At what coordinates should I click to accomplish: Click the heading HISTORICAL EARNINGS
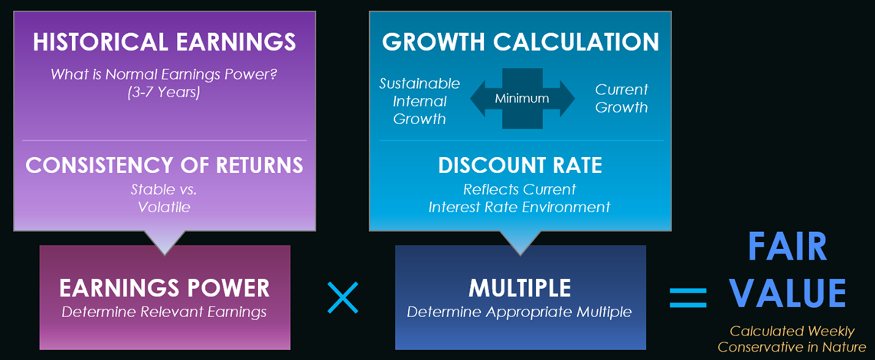tap(164, 43)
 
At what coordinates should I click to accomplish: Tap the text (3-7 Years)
tap(164, 92)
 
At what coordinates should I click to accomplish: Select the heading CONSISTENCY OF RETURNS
tap(164, 165)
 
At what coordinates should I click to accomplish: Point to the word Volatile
tap(164, 207)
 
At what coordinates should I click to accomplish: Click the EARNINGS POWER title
tap(164, 288)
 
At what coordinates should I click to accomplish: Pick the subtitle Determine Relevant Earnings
tap(164, 312)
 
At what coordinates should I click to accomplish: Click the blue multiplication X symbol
tap(343, 297)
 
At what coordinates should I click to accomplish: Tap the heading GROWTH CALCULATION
tap(520, 43)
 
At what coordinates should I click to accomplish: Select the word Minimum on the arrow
tap(522, 99)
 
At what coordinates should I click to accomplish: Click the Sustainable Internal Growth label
tap(420, 101)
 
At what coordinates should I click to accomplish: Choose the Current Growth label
tap(621, 98)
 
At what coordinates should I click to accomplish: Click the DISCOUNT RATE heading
tap(520, 165)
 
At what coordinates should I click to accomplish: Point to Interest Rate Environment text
tap(520, 207)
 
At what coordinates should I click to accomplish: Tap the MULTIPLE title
tap(520, 288)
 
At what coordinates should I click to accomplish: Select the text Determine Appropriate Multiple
tap(520, 312)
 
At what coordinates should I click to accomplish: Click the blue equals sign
tap(688, 298)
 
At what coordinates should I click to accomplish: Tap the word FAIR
tap(787, 247)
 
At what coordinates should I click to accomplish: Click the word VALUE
tap(787, 293)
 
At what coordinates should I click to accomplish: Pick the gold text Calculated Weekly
tap(792, 332)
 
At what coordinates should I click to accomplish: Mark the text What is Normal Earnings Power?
tap(164, 74)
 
